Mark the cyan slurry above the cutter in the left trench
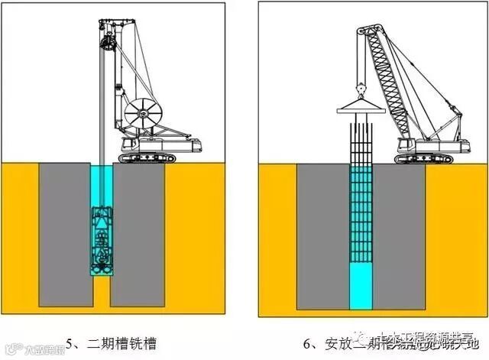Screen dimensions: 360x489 pyautogui.click(x=100, y=183)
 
